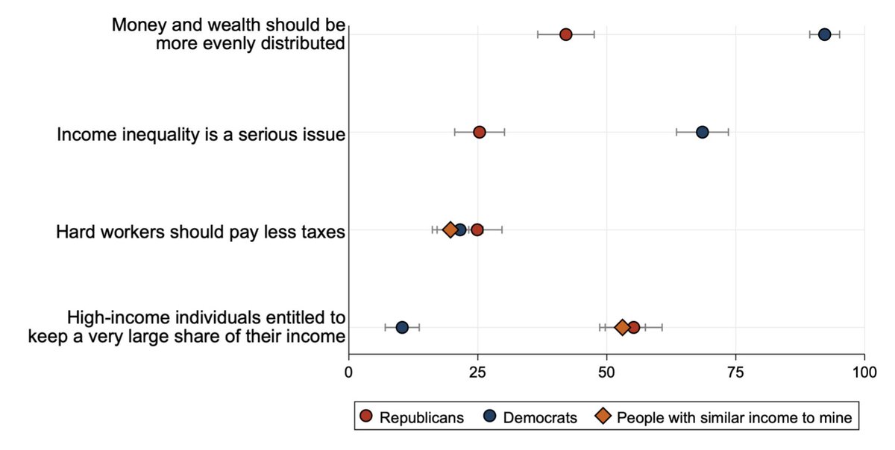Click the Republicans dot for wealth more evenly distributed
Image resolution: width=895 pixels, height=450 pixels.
click(565, 34)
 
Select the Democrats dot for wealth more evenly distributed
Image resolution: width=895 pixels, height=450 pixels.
click(824, 34)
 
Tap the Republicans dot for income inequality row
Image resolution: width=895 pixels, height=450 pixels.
click(480, 132)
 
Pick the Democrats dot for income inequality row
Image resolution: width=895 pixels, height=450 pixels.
click(702, 132)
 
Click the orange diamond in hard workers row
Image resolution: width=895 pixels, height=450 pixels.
click(450, 229)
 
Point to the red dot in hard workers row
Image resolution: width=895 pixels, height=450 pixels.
click(477, 229)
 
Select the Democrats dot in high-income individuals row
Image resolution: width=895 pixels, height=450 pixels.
click(402, 327)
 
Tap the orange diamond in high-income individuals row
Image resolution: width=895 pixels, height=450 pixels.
click(621, 327)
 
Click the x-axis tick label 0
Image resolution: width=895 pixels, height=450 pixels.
click(349, 370)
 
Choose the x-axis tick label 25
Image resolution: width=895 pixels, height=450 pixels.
click(478, 370)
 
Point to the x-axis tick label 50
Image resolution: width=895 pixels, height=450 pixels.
click(606, 370)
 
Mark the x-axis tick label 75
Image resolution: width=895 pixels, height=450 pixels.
click(735, 370)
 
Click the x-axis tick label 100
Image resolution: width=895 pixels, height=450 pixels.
click(864, 370)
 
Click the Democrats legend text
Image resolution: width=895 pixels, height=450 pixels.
click(540, 417)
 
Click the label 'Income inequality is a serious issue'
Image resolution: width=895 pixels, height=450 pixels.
click(201, 135)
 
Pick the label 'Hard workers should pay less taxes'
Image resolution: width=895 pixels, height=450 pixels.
click(200, 232)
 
